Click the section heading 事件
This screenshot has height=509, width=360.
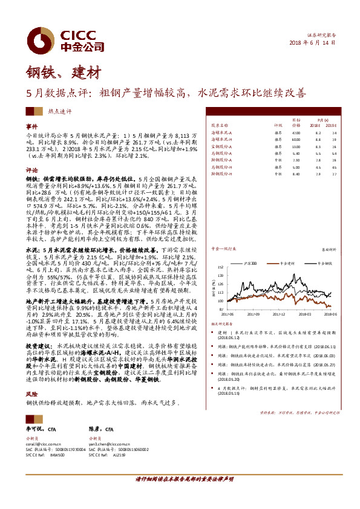pyautogui.click(x=31, y=126)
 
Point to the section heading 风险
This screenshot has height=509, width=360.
pyautogui.click(x=31, y=392)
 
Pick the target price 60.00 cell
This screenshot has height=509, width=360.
pyautogui.click(x=296, y=139)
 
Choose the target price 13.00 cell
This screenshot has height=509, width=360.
pyautogui.click(x=296, y=146)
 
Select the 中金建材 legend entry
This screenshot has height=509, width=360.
pyautogui.click(x=286, y=264)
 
